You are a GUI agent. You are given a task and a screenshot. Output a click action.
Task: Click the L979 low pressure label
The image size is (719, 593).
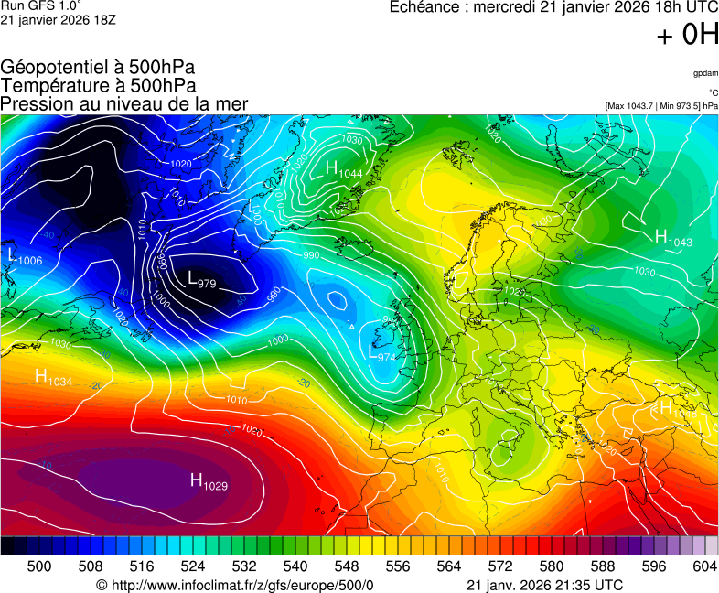(x=201, y=280)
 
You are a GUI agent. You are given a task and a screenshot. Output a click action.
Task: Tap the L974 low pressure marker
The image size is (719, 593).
(x=381, y=352)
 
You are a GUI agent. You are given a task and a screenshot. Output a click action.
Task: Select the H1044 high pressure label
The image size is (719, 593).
(x=344, y=168)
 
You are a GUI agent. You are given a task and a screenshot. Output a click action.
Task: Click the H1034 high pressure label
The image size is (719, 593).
(x=53, y=376)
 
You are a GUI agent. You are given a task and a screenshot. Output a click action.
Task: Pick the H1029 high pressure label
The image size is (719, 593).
(x=208, y=480)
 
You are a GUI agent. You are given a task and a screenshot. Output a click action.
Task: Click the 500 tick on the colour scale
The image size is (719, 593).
(x=39, y=566)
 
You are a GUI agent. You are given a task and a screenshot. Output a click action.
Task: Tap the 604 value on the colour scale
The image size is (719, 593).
(x=704, y=566)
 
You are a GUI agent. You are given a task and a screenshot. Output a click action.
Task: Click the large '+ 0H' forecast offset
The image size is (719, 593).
(x=687, y=35)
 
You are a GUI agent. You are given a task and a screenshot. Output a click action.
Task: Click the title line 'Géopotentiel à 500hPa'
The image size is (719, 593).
(x=98, y=68)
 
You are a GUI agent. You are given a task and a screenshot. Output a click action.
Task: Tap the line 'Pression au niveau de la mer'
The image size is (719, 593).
(x=124, y=104)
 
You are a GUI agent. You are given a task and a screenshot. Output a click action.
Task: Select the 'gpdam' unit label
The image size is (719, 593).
(x=705, y=73)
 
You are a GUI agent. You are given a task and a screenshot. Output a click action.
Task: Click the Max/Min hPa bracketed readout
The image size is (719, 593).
(x=661, y=106)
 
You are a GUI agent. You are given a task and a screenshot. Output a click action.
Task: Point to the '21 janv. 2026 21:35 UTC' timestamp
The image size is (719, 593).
(x=545, y=585)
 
